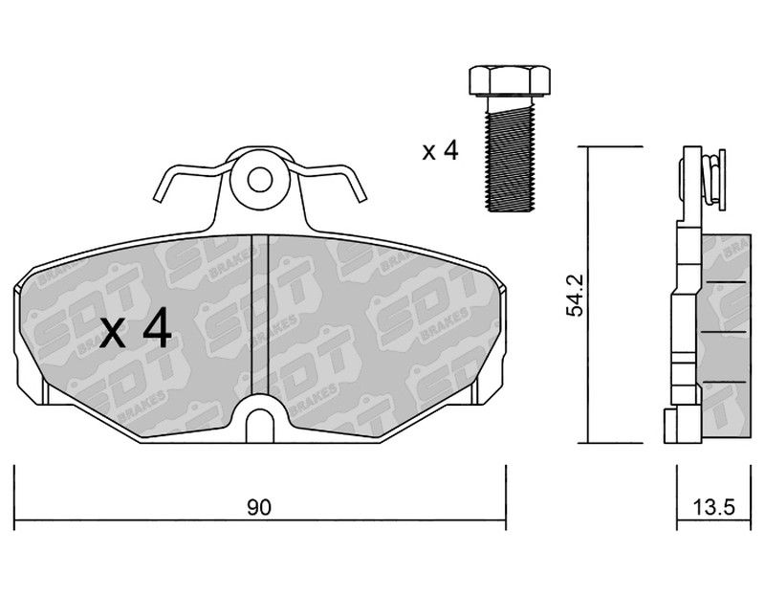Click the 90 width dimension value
pyautogui.click(x=258, y=507)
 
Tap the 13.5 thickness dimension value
pyautogui.click(x=713, y=508)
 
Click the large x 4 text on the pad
pyautogui.click(x=136, y=327)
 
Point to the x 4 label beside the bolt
pyautogui.click(x=441, y=151)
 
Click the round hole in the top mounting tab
pyautogui.click(x=259, y=180)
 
